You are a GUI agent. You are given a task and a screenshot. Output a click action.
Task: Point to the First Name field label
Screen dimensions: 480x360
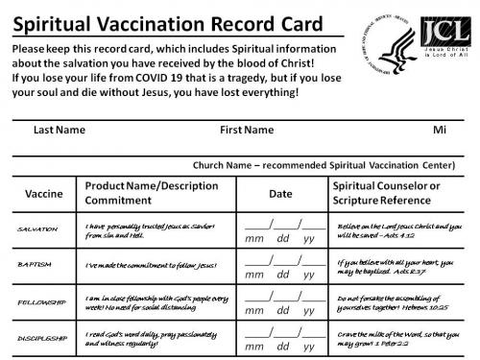click(x=248, y=129)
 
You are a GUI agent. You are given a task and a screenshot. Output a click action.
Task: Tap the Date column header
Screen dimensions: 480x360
click(x=279, y=194)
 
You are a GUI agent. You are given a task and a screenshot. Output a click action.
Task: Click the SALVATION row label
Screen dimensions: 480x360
click(x=39, y=229)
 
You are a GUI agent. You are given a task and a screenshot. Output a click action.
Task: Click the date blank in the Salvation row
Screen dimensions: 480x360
click(x=284, y=227)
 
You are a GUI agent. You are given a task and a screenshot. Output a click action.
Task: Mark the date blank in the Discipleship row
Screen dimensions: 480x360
click(x=284, y=333)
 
